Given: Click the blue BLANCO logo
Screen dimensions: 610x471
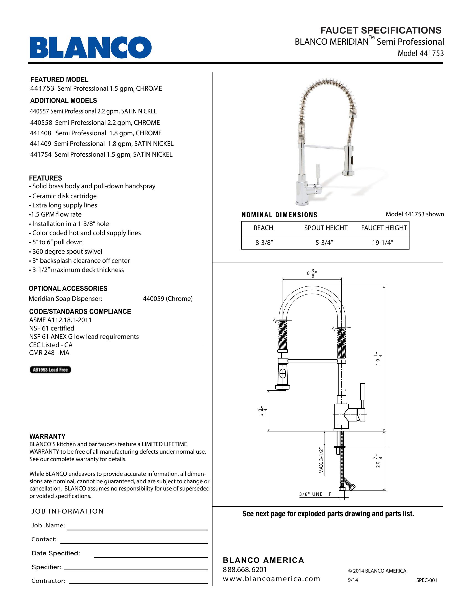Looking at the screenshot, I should click(x=91, y=47).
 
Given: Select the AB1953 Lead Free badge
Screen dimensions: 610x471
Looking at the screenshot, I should click(x=50, y=370).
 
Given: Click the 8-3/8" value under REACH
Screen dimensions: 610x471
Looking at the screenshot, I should click(x=264, y=243).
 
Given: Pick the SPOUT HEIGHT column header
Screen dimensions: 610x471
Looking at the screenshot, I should click(x=326, y=228).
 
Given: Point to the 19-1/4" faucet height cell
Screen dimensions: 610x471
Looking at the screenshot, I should click(x=383, y=243).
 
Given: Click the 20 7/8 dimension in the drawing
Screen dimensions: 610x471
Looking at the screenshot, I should click(x=379, y=461).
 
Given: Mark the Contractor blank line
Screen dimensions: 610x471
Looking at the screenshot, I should click(x=138, y=583).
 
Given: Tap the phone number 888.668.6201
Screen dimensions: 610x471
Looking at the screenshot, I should click(x=245, y=570).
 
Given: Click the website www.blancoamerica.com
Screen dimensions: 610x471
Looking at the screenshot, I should click(x=271, y=579).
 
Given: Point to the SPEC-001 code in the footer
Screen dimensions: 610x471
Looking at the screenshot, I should click(x=426, y=580).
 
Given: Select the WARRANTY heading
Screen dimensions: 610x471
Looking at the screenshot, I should click(x=47, y=436).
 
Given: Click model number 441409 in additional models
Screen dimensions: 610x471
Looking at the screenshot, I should click(x=41, y=144).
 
